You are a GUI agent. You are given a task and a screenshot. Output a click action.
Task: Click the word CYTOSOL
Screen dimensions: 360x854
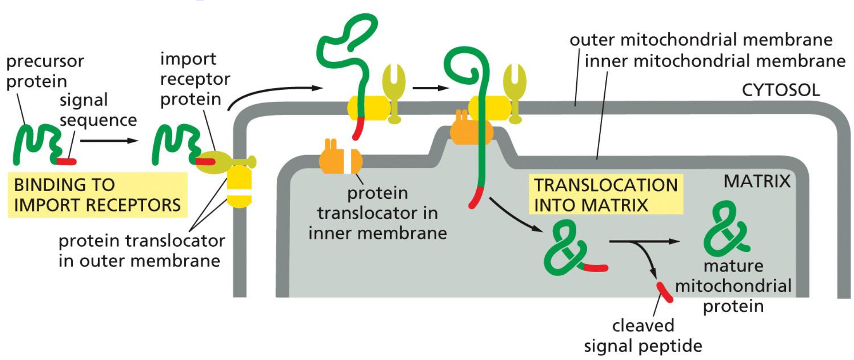780,90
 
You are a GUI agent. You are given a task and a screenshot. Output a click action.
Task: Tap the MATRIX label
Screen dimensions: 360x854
756,181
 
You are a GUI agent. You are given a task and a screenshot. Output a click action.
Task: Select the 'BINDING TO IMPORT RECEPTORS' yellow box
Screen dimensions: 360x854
97,195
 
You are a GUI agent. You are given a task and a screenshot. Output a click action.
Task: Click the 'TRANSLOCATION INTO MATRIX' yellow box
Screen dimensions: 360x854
605,195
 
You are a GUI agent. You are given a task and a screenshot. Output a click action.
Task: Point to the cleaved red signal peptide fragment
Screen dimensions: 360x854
664,292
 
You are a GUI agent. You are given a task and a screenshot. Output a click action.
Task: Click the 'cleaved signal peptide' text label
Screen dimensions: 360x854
643,336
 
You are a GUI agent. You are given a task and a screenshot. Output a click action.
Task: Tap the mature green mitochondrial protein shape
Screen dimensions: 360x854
725,229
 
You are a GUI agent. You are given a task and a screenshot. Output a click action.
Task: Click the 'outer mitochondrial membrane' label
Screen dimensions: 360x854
701,40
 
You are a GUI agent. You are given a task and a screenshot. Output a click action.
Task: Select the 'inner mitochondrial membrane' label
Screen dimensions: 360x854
715,61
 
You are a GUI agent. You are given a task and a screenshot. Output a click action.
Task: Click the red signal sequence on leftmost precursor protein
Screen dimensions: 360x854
66,161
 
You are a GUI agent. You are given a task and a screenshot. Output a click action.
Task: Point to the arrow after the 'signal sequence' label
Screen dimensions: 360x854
109,141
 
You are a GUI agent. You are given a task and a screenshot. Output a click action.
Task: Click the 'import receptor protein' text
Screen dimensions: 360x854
194,79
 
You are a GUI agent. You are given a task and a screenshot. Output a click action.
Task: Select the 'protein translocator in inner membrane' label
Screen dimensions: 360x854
377,213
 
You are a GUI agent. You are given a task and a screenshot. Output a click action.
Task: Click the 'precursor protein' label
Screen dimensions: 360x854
45,71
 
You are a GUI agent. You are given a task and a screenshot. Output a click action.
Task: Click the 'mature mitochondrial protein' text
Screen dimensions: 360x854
733,286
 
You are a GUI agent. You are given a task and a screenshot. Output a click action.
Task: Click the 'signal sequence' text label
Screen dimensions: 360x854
98,110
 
